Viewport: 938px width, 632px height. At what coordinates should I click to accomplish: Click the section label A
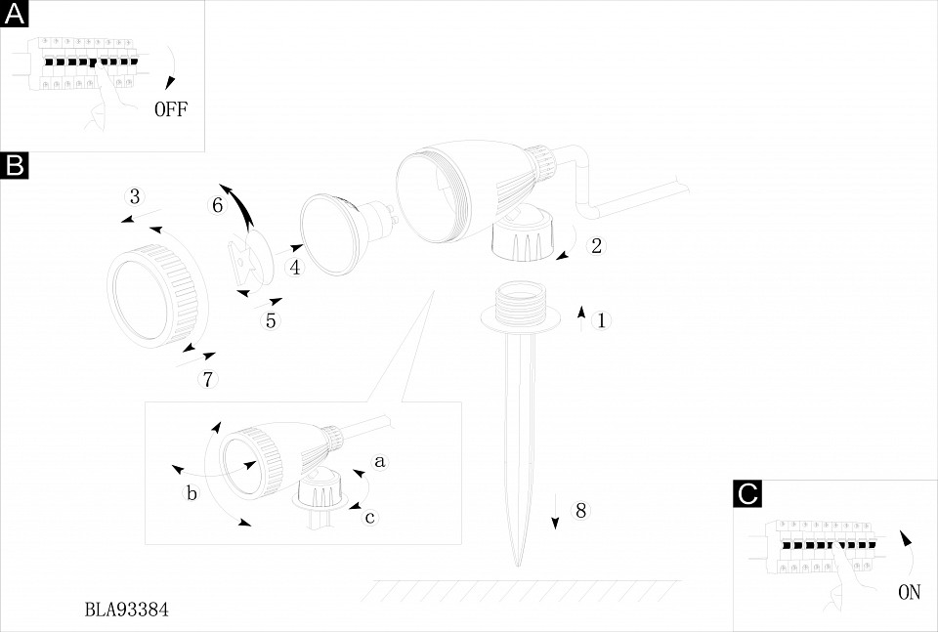(16, 15)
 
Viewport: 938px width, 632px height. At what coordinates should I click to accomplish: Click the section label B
(16, 165)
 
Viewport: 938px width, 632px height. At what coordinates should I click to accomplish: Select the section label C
(747, 494)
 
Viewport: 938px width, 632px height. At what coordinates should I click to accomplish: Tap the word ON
(909, 592)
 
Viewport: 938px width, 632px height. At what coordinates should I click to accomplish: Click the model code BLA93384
(127, 610)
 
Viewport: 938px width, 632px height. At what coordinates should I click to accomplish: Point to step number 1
(602, 319)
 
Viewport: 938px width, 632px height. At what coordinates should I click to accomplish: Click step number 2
(596, 245)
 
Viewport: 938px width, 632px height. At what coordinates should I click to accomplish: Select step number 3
(136, 193)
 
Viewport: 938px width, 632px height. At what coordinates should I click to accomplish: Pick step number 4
(294, 266)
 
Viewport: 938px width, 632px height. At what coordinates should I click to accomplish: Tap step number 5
(272, 319)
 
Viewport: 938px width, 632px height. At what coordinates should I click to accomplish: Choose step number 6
(218, 205)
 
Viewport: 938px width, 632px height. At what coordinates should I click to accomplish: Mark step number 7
(207, 378)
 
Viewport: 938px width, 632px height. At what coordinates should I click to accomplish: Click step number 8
(580, 510)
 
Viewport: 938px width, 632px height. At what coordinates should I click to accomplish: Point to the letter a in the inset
(380, 458)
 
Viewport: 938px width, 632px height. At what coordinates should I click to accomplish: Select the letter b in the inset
(192, 494)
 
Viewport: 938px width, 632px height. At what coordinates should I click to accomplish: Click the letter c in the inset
(369, 517)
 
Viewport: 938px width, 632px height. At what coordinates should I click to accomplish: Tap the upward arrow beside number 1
(581, 317)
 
